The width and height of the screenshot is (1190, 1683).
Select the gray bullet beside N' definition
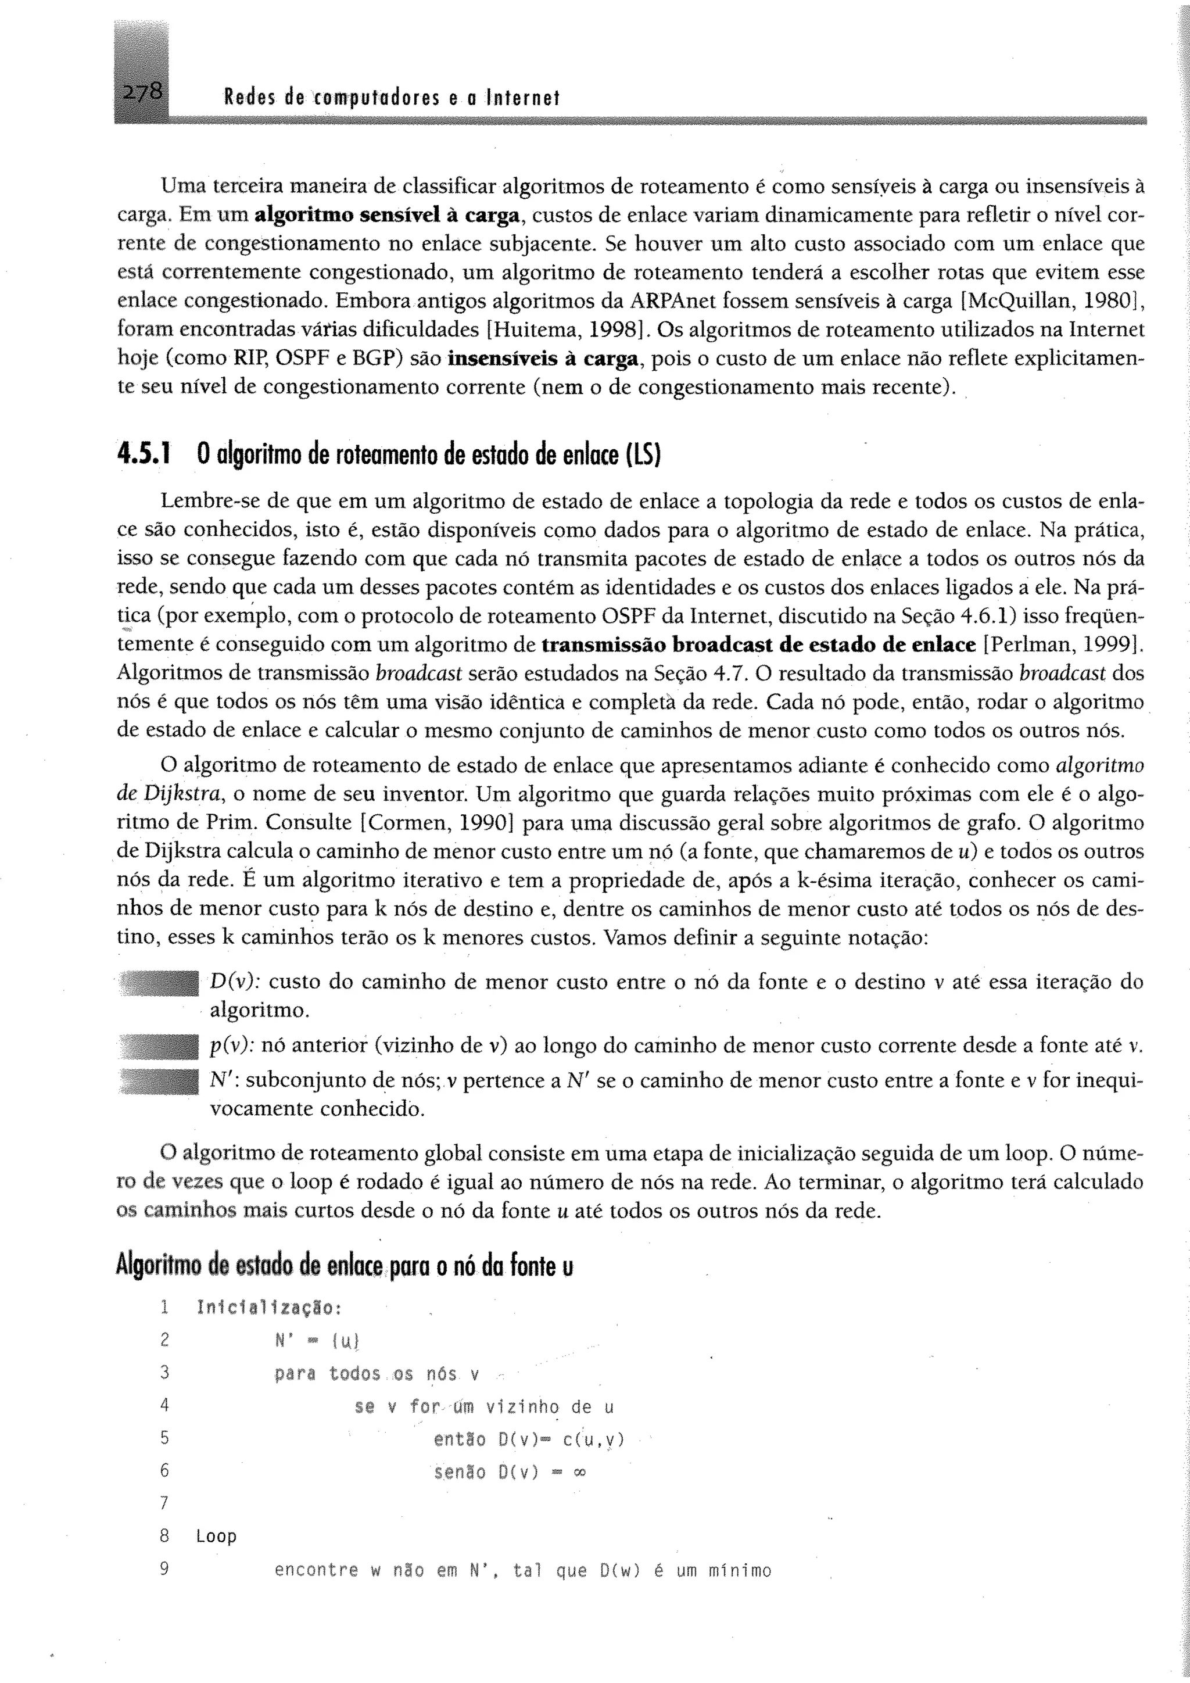(159, 1080)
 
